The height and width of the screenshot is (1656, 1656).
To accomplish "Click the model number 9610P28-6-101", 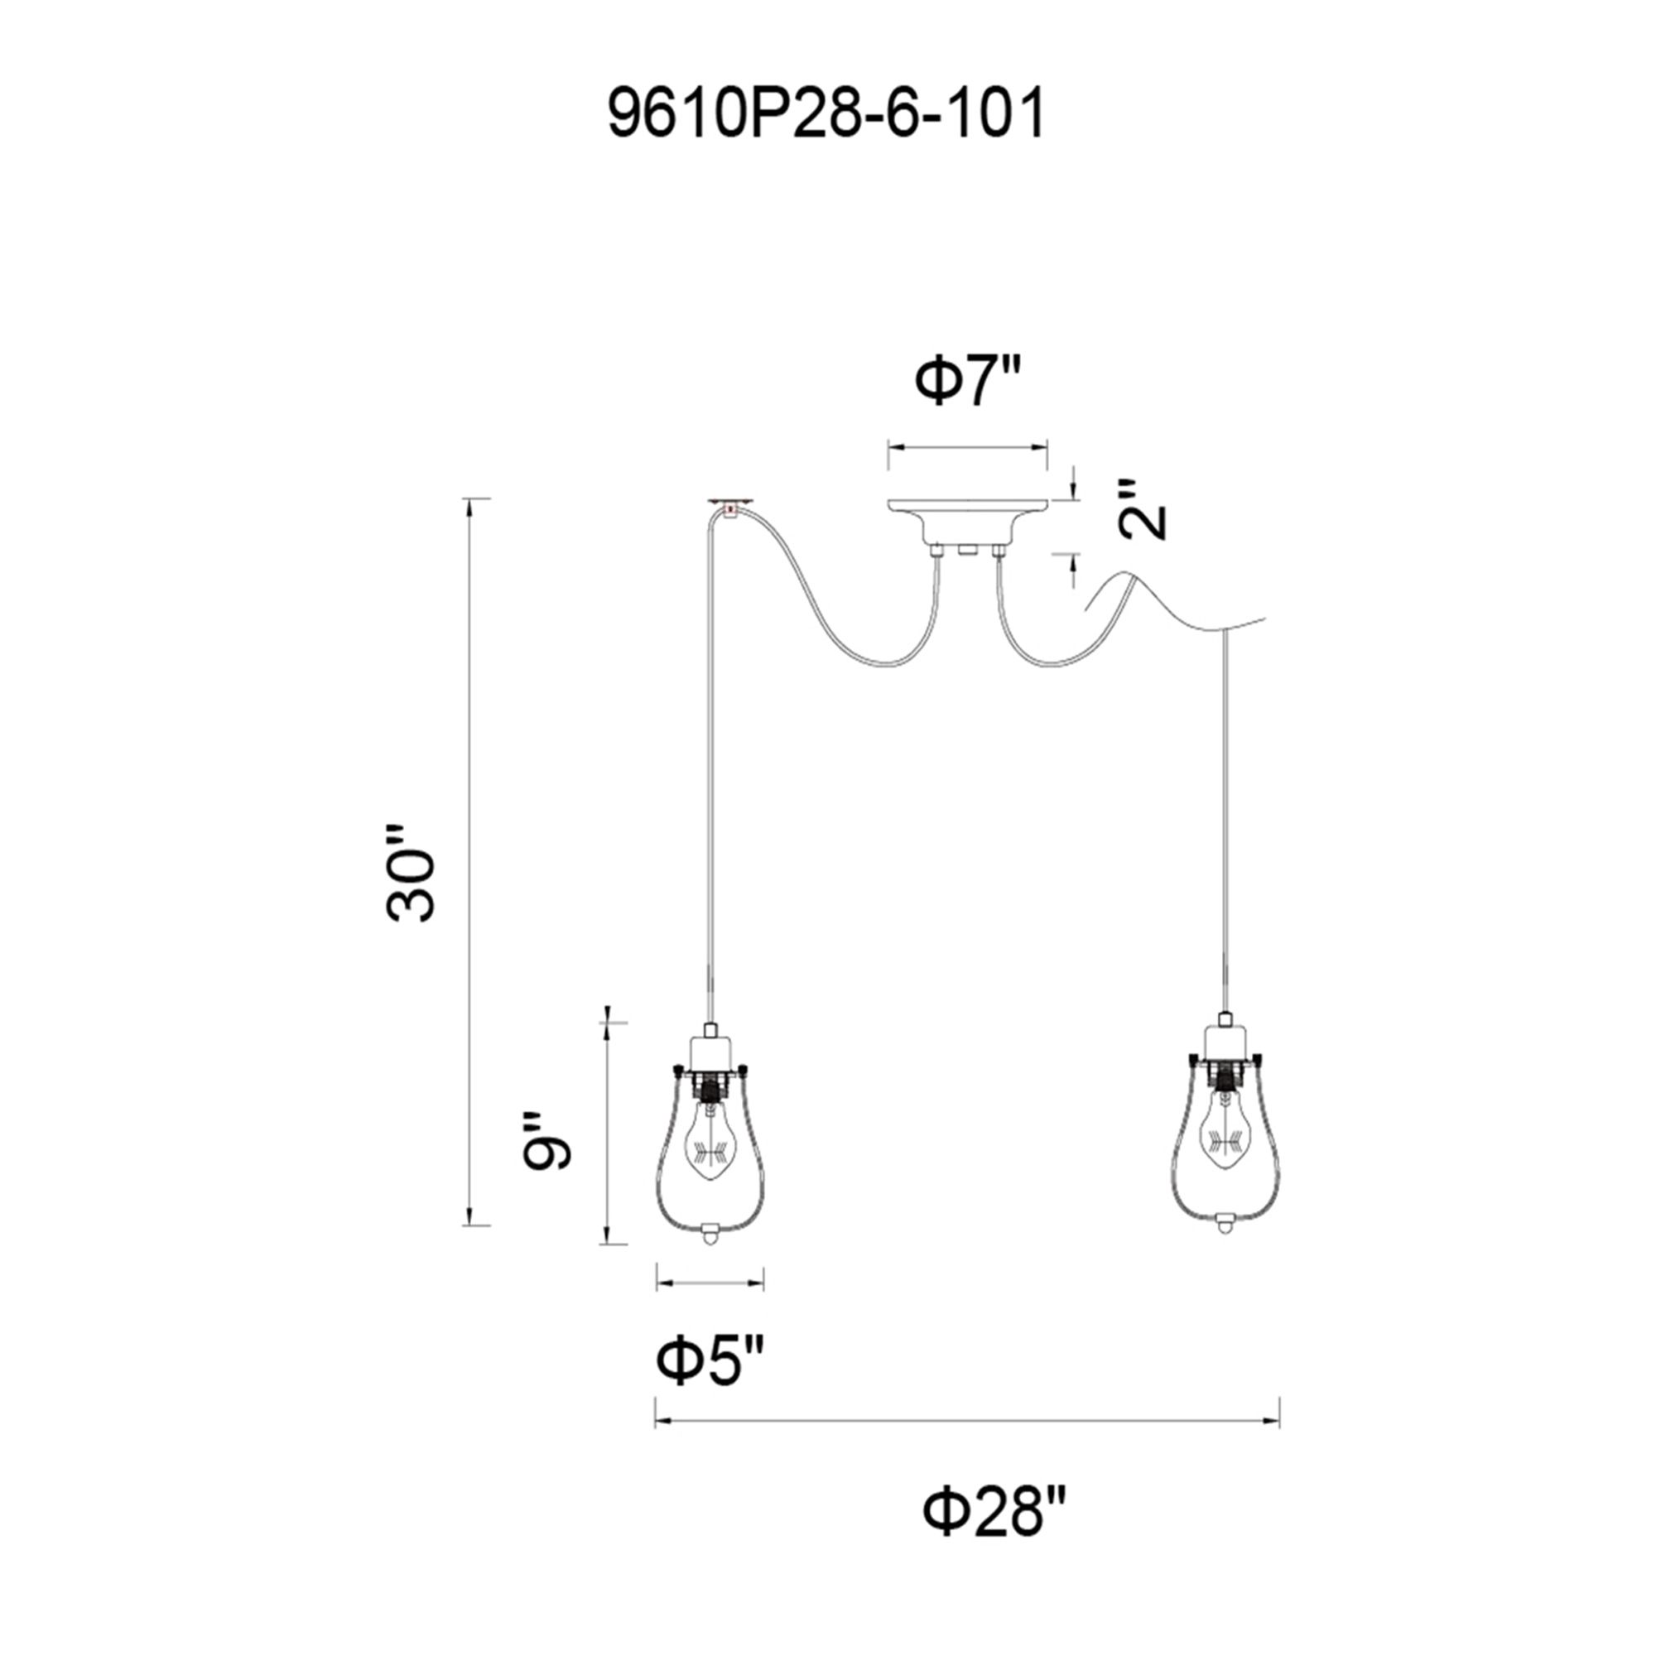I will point(826,115).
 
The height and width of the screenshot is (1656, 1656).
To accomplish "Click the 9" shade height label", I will point(546,1141).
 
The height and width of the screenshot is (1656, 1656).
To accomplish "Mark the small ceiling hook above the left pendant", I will point(729,505).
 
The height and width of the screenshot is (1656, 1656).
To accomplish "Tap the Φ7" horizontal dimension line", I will point(968,446).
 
